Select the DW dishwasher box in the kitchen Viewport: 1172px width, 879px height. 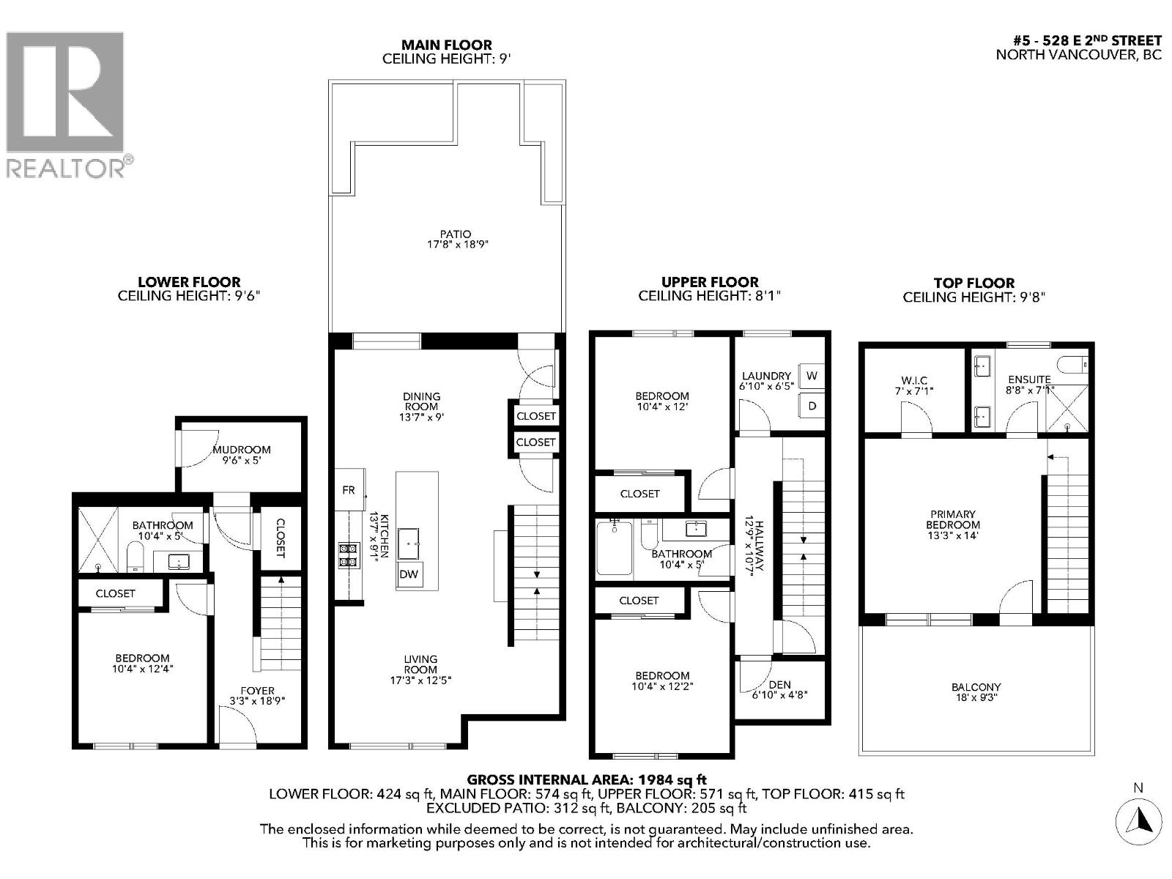[x=409, y=574]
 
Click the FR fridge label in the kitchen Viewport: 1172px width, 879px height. [x=349, y=490]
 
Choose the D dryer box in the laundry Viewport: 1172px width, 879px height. [x=812, y=405]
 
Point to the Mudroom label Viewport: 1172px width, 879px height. [x=242, y=450]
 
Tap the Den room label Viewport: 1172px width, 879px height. [x=780, y=685]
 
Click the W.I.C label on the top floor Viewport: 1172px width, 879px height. [x=914, y=380]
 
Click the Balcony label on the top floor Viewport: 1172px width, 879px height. [x=976, y=687]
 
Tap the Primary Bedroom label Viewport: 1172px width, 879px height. [x=953, y=519]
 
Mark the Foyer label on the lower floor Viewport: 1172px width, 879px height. [x=258, y=691]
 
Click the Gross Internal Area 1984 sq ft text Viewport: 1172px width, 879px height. [x=587, y=780]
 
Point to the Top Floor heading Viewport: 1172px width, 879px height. [x=974, y=283]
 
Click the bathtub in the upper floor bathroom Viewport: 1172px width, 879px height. [x=614, y=548]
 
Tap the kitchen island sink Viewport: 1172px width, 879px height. [x=409, y=544]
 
